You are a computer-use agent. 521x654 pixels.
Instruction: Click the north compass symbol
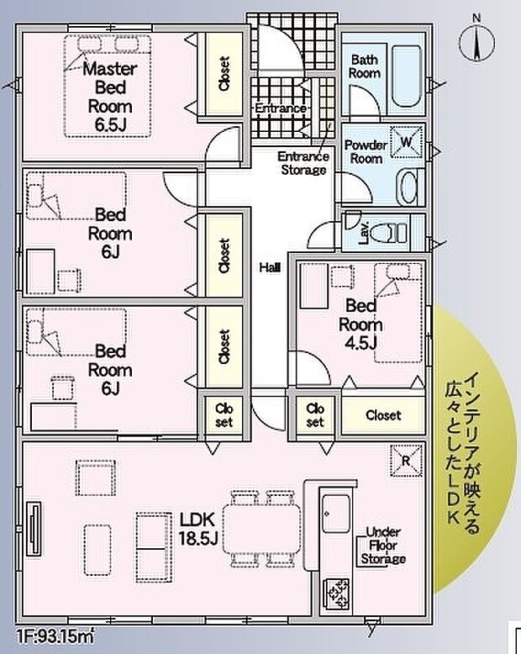coord(476,40)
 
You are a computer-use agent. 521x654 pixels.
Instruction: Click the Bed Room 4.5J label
coord(360,323)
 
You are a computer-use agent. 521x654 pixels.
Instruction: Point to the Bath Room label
coord(366,66)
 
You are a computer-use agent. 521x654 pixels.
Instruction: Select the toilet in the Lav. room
coord(387,231)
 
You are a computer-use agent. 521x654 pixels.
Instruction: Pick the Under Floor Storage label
coord(383,546)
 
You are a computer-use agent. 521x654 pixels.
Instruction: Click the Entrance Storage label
coord(302,163)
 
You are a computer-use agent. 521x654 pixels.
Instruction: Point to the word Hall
coord(270,267)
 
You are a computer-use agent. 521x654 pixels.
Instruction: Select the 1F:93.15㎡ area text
coord(55,637)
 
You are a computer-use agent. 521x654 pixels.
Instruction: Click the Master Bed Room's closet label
coord(224,73)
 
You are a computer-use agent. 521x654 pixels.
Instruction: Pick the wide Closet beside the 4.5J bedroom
coord(382,415)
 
